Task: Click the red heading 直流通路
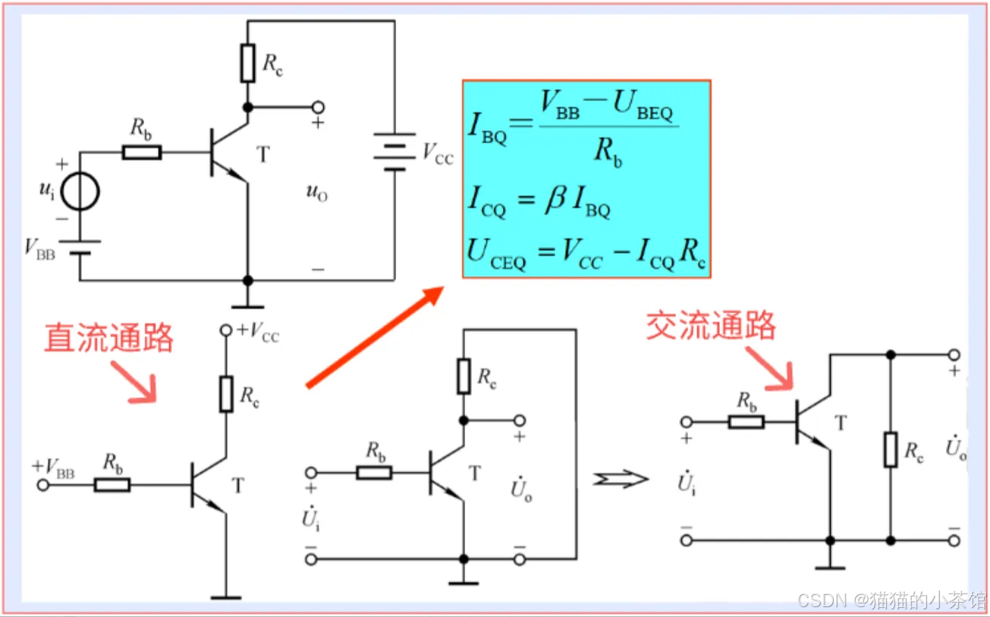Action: click(108, 338)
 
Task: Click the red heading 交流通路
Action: click(711, 326)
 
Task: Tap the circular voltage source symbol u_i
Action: click(80, 192)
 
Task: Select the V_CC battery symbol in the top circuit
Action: click(394, 152)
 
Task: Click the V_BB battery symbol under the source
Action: click(80, 248)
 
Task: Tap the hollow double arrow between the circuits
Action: click(621, 479)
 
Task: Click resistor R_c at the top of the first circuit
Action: click(247, 63)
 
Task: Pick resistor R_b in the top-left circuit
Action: click(141, 153)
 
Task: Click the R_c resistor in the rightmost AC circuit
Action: click(891, 449)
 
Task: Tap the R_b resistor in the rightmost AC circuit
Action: click(746, 422)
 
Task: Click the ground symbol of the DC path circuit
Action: click(226, 597)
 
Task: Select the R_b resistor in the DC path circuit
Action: click(112, 484)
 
